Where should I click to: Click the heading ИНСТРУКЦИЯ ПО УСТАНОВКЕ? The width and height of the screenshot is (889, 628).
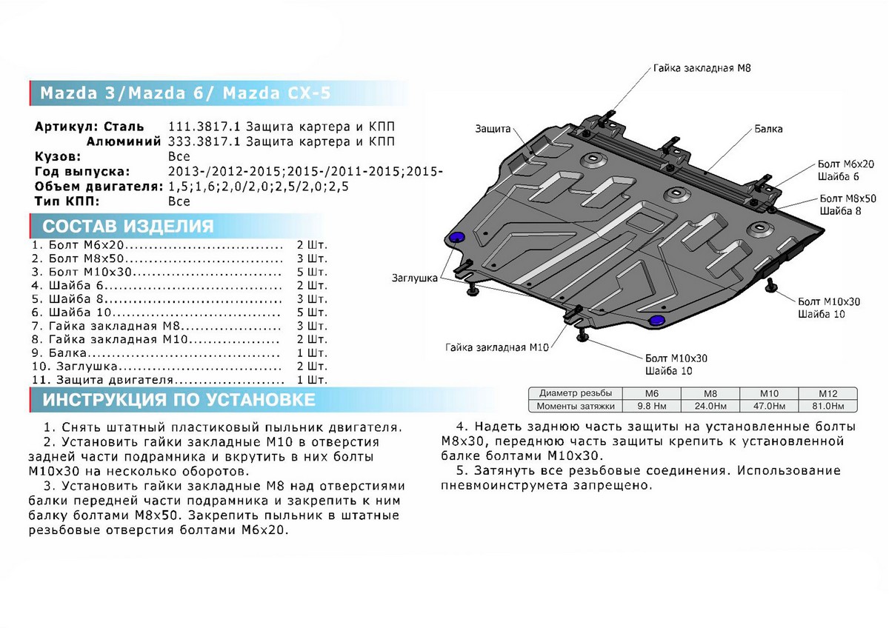pyautogui.click(x=179, y=401)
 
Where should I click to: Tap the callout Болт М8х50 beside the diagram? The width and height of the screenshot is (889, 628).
pyautogui.click(x=848, y=198)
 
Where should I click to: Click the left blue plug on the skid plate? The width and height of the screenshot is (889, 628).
pyautogui.click(x=456, y=237)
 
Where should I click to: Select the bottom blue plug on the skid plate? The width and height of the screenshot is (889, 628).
pyautogui.click(x=656, y=320)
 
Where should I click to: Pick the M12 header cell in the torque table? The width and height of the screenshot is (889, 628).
pyautogui.click(x=827, y=393)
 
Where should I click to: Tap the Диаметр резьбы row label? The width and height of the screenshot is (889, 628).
pyautogui.click(x=575, y=393)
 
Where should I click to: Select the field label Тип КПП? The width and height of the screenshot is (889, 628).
pyautogui.click(x=67, y=201)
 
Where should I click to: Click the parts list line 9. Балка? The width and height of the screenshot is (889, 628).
pyautogui.click(x=65, y=353)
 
